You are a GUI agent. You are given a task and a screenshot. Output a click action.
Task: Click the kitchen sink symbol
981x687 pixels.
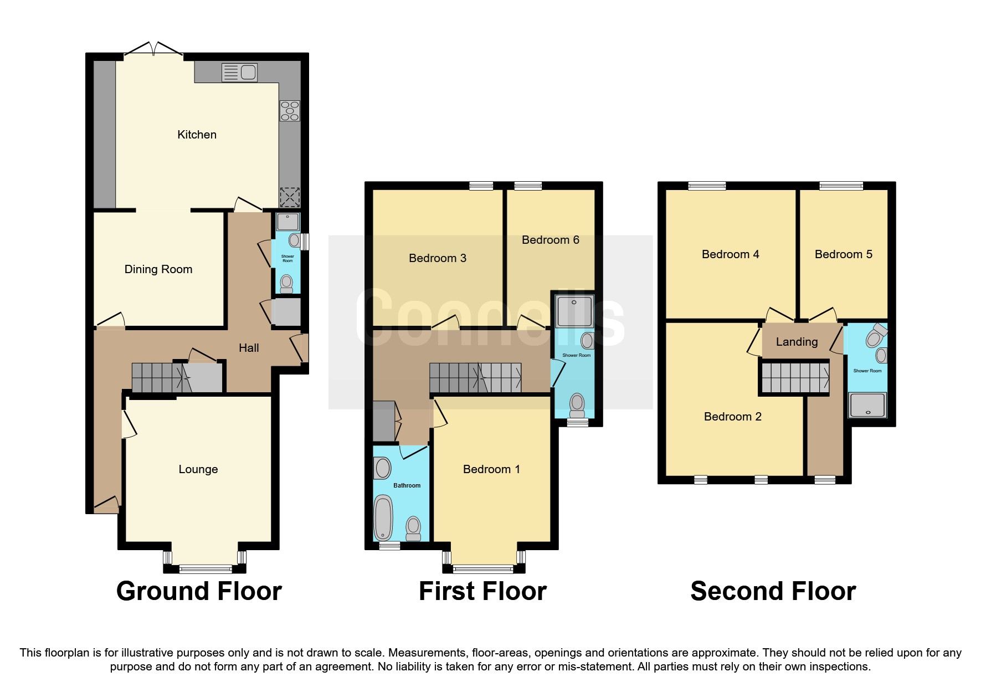[x=239, y=73]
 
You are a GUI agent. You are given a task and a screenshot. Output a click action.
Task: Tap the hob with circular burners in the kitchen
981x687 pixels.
[x=290, y=111]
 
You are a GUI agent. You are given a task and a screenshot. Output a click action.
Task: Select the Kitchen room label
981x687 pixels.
[x=197, y=135]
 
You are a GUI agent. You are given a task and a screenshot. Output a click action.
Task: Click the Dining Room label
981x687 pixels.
[x=158, y=269]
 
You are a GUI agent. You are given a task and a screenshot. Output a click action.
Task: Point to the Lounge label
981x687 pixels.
[x=198, y=469]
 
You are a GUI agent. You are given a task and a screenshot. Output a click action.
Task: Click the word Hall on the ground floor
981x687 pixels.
[x=249, y=348]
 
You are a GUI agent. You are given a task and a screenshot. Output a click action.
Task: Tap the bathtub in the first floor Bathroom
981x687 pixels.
[x=383, y=517]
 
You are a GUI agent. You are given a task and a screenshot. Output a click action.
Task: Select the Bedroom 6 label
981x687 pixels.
[x=550, y=240]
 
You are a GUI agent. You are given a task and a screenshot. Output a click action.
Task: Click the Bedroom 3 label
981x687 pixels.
[x=437, y=258]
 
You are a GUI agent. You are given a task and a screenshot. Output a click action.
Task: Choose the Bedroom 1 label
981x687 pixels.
[x=491, y=469]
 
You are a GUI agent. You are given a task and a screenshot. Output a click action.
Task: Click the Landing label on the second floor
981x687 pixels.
[x=797, y=342]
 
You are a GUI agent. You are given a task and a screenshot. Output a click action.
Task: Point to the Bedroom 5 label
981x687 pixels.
[x=843, y=254]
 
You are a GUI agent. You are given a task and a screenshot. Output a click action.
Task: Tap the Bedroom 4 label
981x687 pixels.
[x=730, y=254]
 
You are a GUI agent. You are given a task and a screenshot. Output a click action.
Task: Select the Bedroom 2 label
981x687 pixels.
[x=732, y=417]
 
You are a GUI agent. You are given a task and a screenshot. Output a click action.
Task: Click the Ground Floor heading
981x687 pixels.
[x=199, y=591]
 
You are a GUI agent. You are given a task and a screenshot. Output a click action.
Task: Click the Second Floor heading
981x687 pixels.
[x=773, y=591]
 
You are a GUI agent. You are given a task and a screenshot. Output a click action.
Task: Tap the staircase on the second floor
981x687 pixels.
[x=794, y=378]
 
